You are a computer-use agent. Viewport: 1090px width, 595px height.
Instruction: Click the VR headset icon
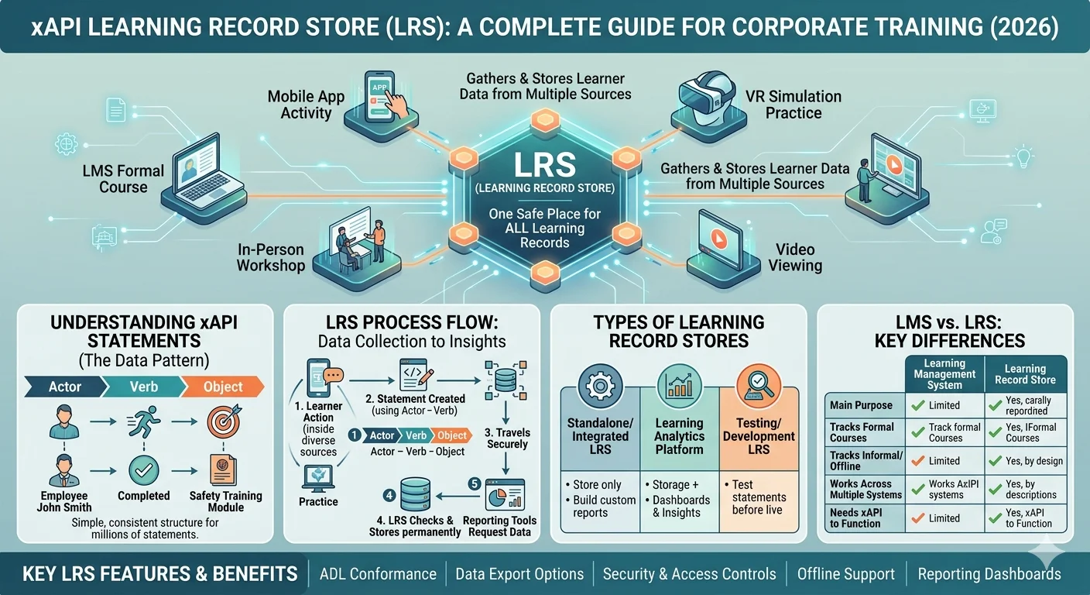pos(708,99)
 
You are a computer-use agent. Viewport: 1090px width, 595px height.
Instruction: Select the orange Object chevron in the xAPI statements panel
pos(222,387)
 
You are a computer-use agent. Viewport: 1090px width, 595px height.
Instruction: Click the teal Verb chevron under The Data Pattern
pos(143,387)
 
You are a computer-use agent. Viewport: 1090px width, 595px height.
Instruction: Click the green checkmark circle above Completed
pos(144,470)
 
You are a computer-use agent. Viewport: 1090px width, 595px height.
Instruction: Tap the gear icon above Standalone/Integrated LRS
pos(600,386)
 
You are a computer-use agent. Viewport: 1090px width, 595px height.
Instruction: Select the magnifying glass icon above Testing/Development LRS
pos(759,386)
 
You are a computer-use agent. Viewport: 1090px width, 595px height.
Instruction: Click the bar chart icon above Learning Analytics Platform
pos(679,386)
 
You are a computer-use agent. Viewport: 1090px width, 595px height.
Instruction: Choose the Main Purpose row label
pos(861,405)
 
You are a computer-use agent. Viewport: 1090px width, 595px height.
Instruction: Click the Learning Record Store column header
pos(1025,374)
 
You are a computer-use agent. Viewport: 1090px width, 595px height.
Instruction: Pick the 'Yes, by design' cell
pos(1034,461)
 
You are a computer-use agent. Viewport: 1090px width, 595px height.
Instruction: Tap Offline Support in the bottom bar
pos(845,574)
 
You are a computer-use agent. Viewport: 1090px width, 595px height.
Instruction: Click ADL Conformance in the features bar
pos(378,574)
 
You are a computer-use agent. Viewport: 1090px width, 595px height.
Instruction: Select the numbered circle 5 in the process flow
pos(475,483)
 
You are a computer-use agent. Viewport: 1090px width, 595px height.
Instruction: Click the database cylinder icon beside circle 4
pos(415,494)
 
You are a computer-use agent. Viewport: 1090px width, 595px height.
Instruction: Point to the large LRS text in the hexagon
pos(544,165)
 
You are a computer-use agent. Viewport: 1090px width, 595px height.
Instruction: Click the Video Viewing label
pos(795,257)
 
